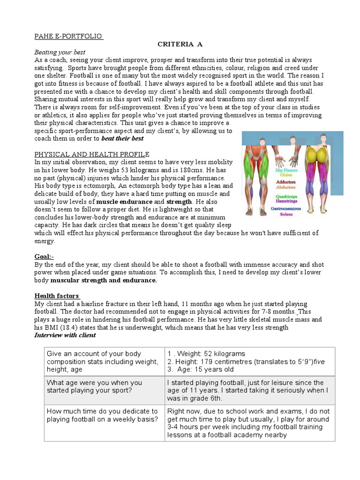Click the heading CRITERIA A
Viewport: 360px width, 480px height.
[180, 44]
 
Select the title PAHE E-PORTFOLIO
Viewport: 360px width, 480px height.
[69, 36]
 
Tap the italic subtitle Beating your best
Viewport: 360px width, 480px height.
[60, 52]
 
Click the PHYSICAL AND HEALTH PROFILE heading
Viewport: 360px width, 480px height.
[92, 154]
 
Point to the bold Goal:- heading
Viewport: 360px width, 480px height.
[45, 257]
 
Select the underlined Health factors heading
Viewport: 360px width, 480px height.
[57, 296]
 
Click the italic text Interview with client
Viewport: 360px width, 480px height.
[65, 335]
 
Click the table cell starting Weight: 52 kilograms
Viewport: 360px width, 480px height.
[250, 361]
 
